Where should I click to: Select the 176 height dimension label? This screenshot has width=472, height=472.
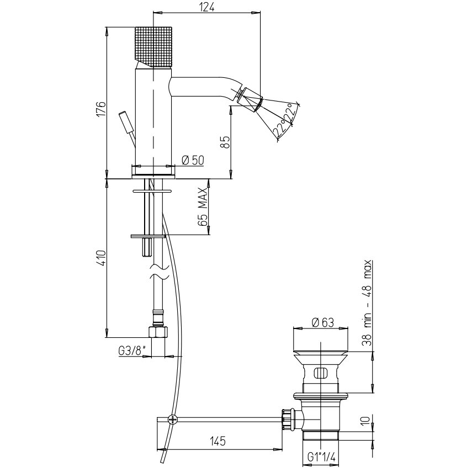point(102,109)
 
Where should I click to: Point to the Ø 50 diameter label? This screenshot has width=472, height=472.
point(193,160)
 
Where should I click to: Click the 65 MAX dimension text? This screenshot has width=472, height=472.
point(203,207)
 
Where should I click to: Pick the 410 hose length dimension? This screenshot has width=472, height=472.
point(101,258)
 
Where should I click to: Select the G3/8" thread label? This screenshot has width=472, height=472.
point(132,351)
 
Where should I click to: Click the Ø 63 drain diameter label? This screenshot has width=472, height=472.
point(323,322)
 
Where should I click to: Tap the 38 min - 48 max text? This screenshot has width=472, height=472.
point(368,303)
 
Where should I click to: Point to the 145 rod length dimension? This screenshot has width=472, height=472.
point(218,441)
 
